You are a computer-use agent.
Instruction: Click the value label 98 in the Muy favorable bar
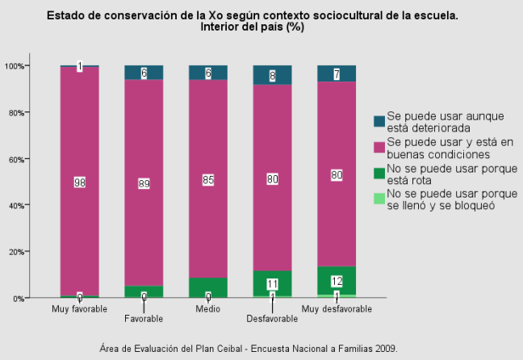tap(80, 183)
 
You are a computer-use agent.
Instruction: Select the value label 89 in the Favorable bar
tap(144, 183)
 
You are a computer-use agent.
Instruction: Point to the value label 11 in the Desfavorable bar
tap(272, 284)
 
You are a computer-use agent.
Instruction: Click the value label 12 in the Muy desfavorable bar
tap(337, 282)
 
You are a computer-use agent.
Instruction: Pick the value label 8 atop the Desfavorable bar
tap(272, 76)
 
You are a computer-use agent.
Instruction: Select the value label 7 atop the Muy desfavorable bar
tap(337, 74)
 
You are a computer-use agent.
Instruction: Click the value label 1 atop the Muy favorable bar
tap(80, 66)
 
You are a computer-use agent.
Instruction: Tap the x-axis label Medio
tap(208, 309)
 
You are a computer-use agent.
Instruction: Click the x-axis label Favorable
tap(144, 319)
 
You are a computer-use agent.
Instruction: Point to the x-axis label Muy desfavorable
tap(337, 309)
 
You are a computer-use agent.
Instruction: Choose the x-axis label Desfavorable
tap(272, 319)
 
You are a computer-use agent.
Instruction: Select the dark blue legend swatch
tap(379, 121)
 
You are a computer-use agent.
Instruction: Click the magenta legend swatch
tap(379, 147)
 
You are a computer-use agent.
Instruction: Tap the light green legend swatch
tap(379, 199)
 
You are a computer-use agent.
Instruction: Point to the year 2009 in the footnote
tap(385, 349)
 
